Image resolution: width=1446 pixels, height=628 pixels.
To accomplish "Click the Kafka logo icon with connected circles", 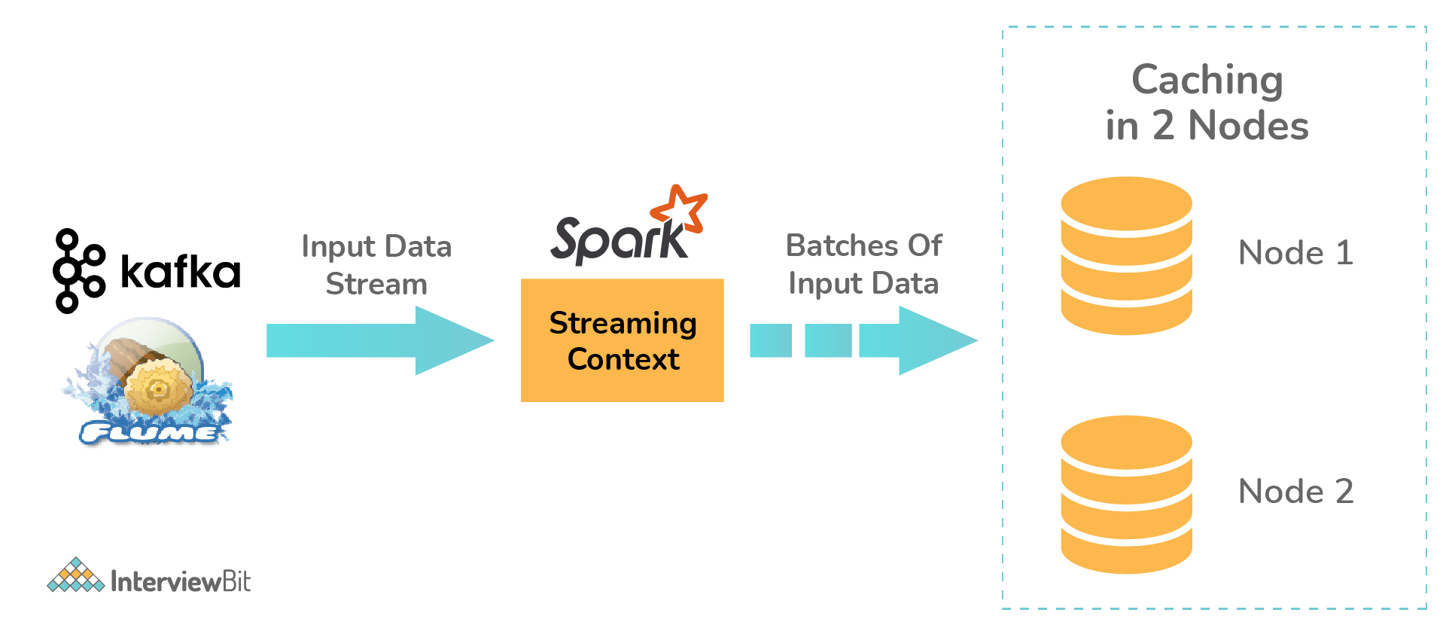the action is pyautogui.click(x=78, y=271).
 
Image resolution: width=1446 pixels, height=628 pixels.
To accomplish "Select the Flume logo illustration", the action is pyautogui.click(x=149, y=382).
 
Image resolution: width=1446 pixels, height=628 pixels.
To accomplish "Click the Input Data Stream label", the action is pyautogui.click(x=376, y=265).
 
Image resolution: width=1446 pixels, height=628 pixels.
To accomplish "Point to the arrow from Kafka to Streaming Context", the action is pyautogui.click(x=380, y=340).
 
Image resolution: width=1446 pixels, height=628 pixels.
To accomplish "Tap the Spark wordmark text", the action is pyautogui.click(x=619, y=240).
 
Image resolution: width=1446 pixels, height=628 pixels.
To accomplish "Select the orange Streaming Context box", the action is pyautogui.click(x=623, y=340).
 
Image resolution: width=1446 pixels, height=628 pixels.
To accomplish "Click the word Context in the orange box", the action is pyautogui.click(x=623, y=359).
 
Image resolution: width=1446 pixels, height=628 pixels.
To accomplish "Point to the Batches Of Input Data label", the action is pyautogui.click(x=863, y=264).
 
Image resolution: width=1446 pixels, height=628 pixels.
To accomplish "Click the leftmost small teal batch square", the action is pyautogui.click(x=771, y=340).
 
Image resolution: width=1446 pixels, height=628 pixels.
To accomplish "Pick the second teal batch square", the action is pyautogui.click(x=828, y=340).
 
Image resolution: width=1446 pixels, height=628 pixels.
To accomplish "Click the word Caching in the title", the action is pyautogui.click(x=1207, y=81).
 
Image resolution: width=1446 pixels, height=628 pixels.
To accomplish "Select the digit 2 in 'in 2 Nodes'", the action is pyautogui.click(x=1163, y=125).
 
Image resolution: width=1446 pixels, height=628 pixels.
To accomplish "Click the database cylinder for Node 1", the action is pyautogui.click(x=1126, y=256).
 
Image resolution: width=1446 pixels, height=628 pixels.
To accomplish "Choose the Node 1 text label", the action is pyautogui.click(x=1295, y=253).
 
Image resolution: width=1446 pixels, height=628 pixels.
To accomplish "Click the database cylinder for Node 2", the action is pyautogui.click(x=1126, y=495).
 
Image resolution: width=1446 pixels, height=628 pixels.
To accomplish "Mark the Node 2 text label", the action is pyautogui.click(x=1295, y=492).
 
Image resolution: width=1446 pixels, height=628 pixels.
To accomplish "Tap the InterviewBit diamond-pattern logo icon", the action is pyautogui.click(x=75, y=575).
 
